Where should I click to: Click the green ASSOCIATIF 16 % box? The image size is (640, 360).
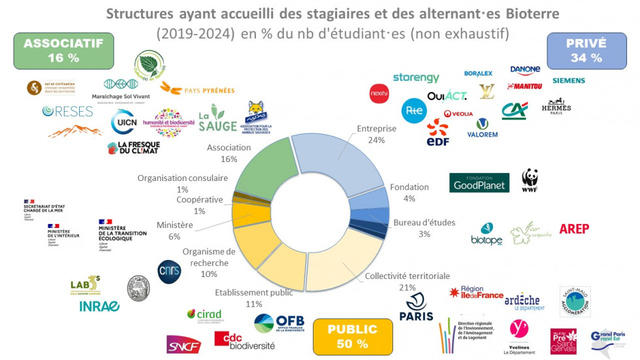point(63,50)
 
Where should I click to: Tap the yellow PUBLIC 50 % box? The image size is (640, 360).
point(353,335)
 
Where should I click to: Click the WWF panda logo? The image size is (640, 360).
point(530,181)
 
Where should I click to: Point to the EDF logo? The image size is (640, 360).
point(438,133)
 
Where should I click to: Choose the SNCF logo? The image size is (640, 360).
point(184,344)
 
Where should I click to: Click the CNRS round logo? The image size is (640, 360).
point(169,271)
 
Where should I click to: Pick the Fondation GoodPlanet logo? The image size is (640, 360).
point(479,182)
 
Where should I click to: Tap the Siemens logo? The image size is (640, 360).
point(568,80)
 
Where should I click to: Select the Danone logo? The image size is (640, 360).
point(525,70)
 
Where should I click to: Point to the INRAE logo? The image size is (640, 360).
point(99,306)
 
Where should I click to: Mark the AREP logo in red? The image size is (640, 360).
point(573,229)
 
